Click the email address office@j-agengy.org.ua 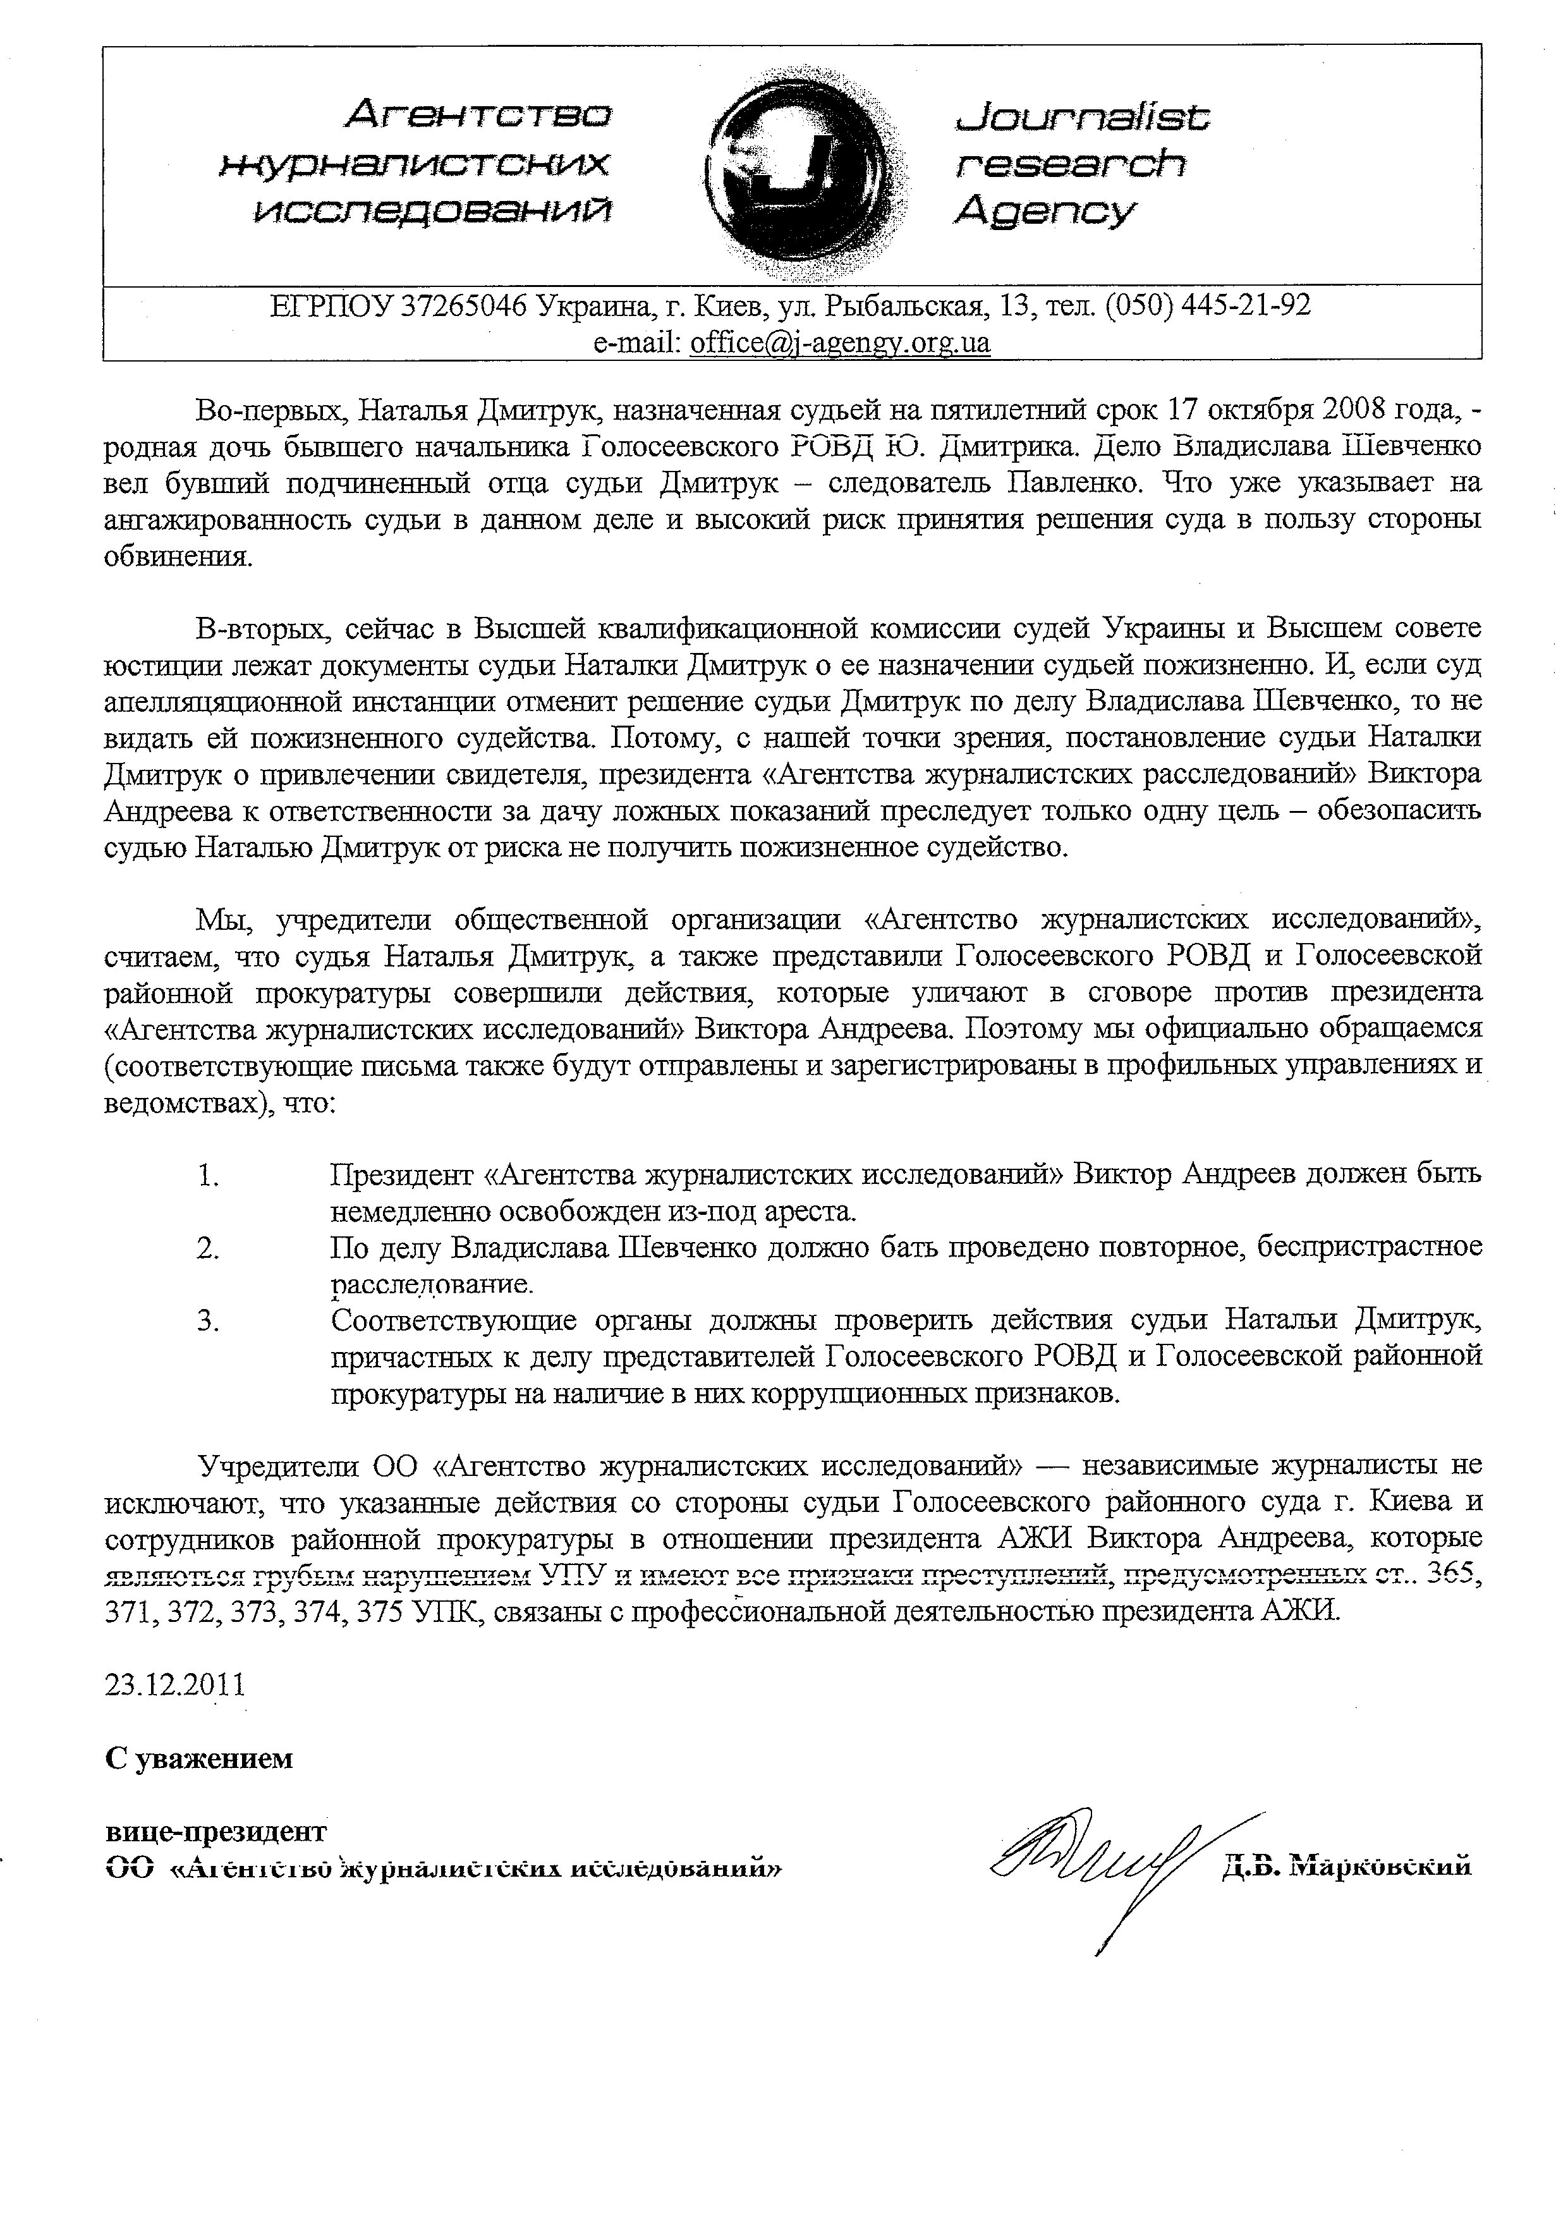click(839, 343)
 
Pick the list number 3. click(208, 1320)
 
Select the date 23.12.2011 click(175, 1685)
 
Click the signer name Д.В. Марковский click(1346, 1865)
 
